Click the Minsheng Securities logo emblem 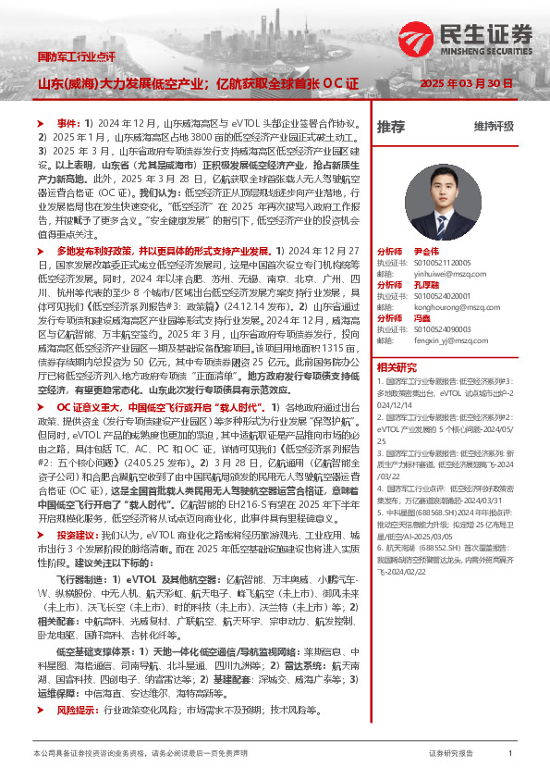[x=417, y=38]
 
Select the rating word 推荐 [x=391, y=126]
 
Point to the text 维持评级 [x=494, y=126]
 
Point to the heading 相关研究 [x=395, y=366]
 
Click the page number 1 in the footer [x=510, y=754]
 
